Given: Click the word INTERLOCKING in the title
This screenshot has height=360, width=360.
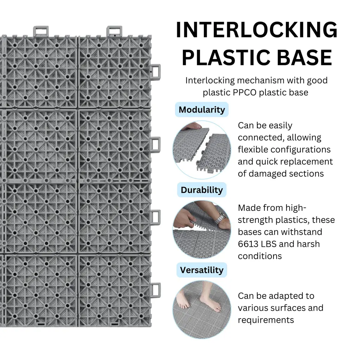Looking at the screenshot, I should pos(256,31).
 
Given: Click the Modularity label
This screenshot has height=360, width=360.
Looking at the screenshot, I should pos(201,110).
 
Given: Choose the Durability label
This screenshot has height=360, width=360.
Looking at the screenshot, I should pos(201,190).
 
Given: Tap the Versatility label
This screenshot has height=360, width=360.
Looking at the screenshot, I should pos(201,270).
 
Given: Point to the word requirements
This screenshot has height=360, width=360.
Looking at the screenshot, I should pos(266,320).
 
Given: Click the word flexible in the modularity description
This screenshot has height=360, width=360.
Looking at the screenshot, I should pos(253,150).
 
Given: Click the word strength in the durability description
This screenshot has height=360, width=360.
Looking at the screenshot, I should pos(252,220).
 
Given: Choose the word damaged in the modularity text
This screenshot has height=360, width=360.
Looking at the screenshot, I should pos(269,174).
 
